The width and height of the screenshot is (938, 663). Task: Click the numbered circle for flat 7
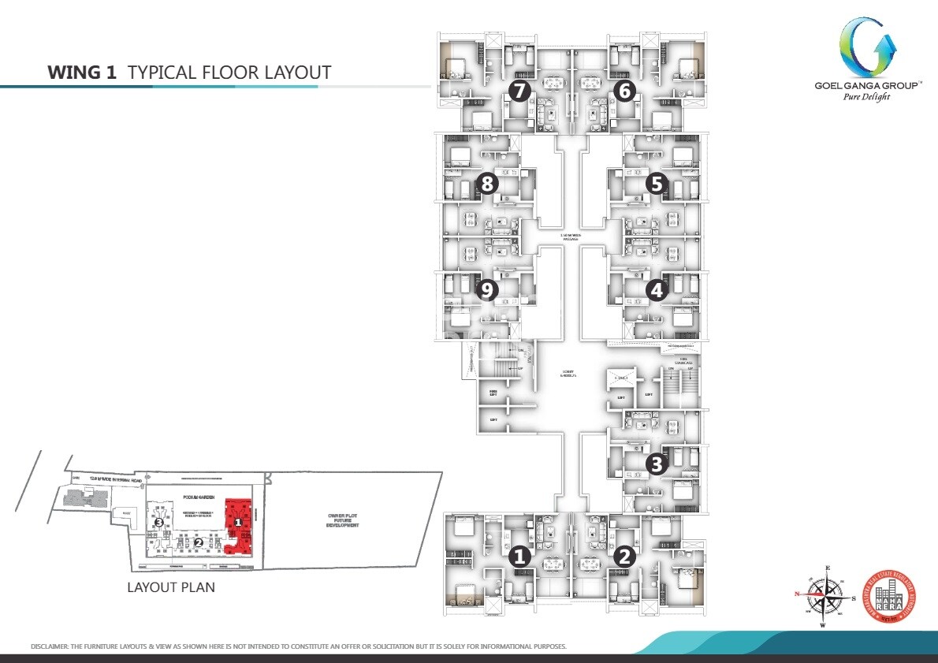(518, 91)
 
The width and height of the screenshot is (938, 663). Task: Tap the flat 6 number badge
(623, 91)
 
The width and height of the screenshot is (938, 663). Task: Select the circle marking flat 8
(488, 184)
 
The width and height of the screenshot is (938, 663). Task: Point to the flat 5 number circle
(656, 184)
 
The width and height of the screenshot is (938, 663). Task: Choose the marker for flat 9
(488, 290)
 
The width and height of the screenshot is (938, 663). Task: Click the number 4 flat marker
(656, 290)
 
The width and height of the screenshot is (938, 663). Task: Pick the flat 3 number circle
(656, 464)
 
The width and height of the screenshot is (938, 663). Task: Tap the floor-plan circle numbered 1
(518, 557)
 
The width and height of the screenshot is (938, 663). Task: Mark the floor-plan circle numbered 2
(623, 557)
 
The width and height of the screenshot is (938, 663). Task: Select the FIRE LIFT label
(493, 392)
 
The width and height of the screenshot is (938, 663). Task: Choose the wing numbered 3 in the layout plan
(158, 522)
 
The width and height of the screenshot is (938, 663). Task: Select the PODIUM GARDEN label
(194, 498)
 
